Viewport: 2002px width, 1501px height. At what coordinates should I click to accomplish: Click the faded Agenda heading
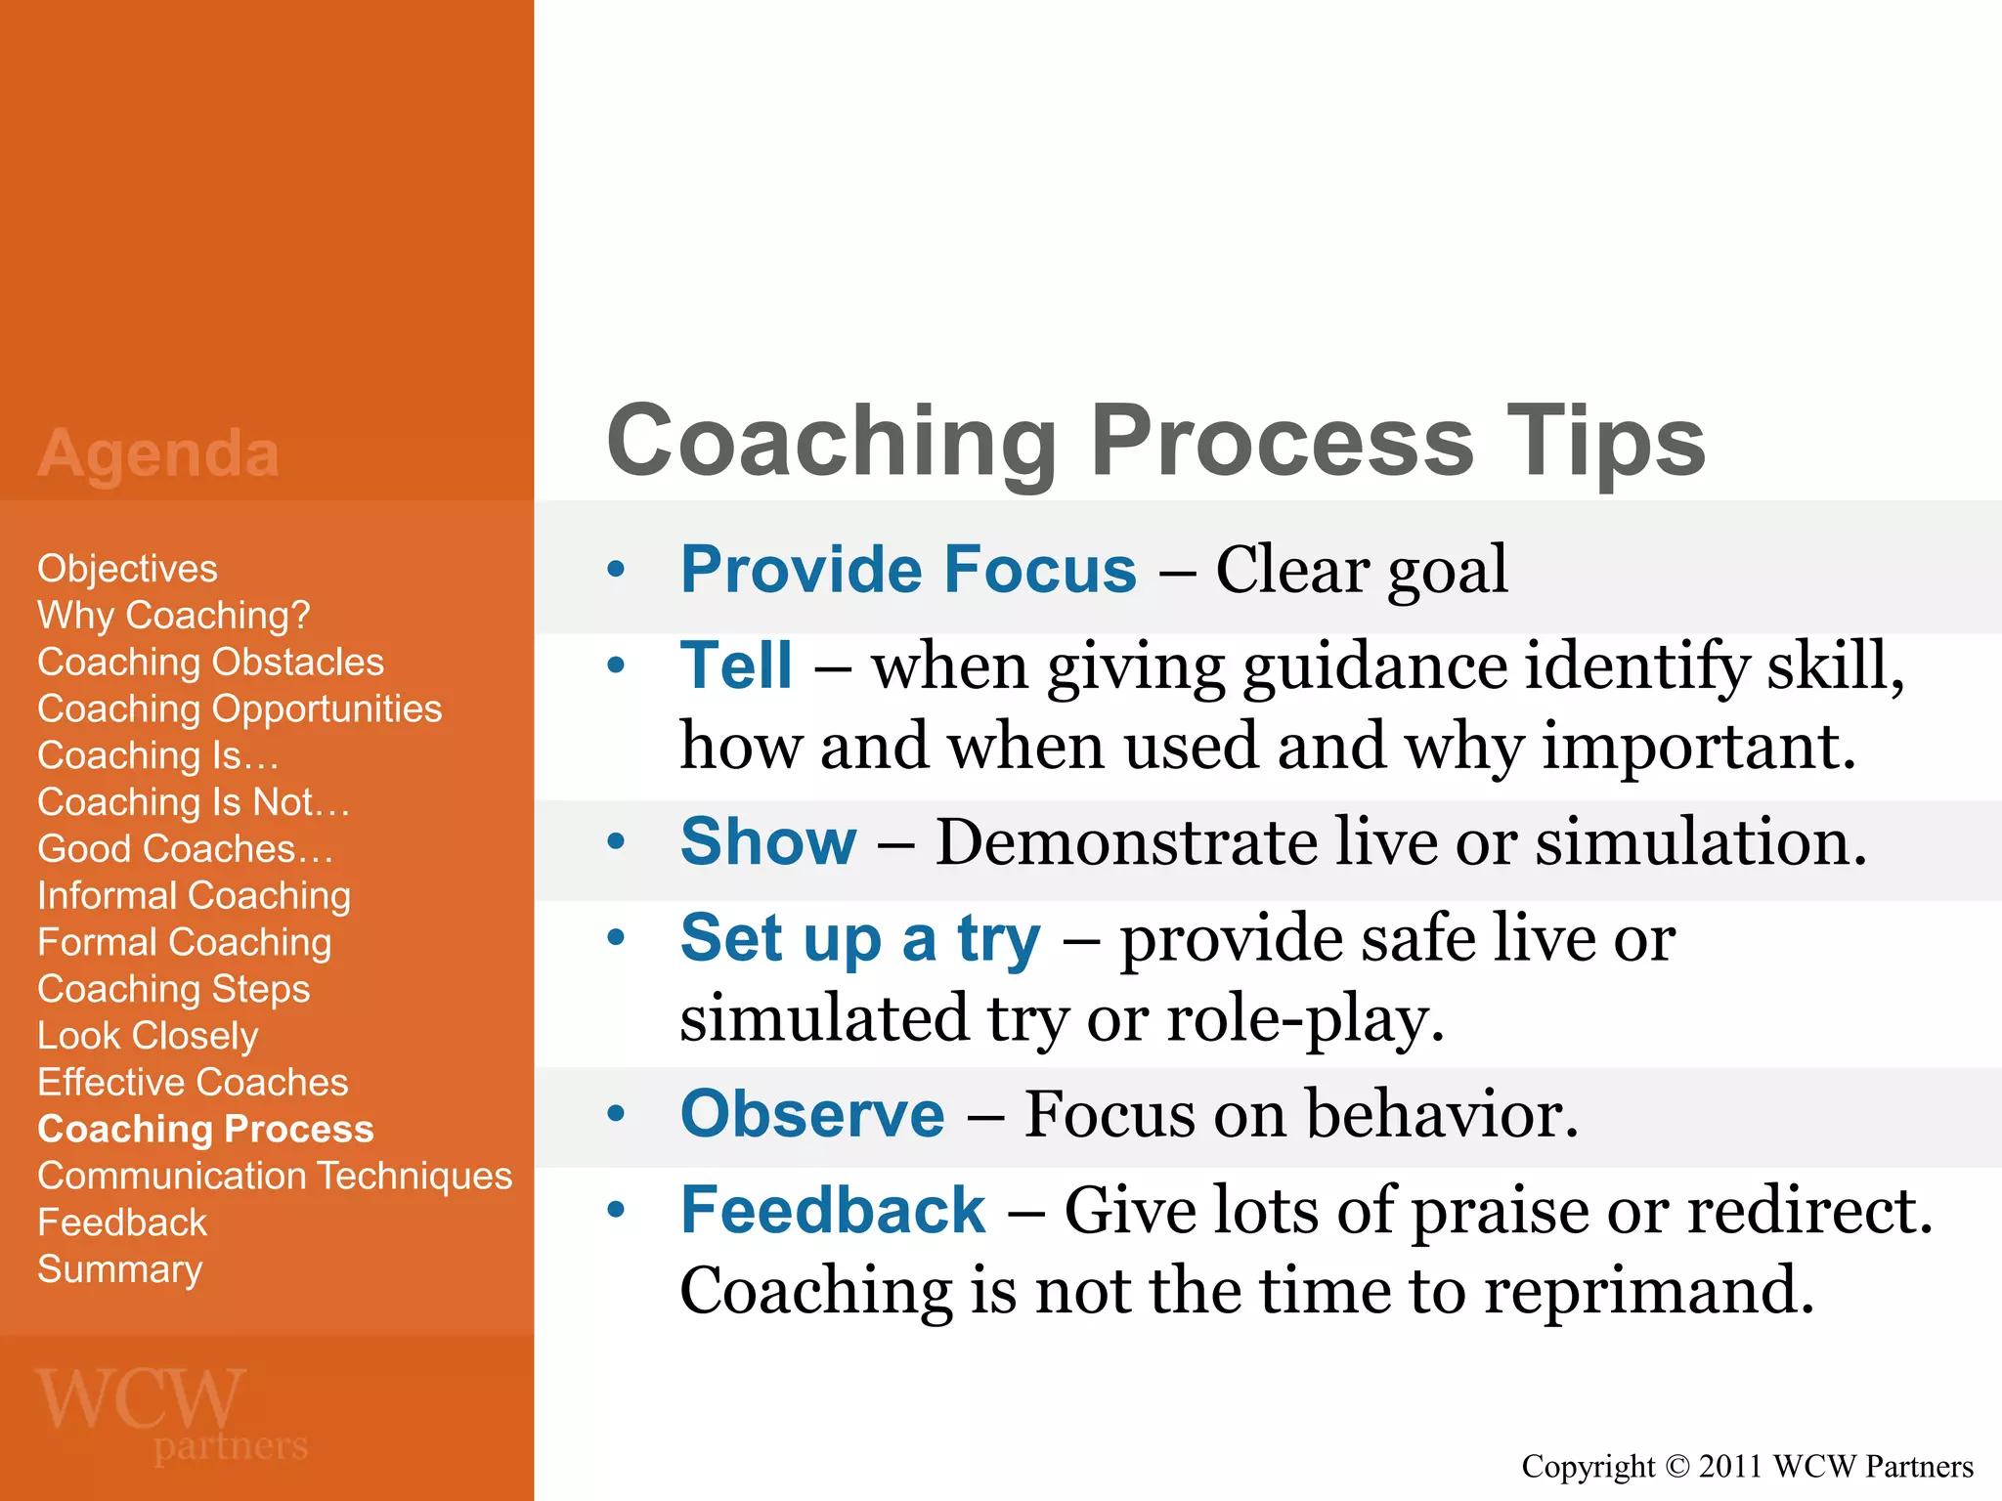click(158, 453)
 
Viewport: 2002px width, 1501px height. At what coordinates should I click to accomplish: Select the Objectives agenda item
click(127, 569)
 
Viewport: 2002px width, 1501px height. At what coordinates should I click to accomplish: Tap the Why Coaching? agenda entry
click(173, 616)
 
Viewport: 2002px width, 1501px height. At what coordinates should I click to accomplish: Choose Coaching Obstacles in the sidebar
click(210, 663)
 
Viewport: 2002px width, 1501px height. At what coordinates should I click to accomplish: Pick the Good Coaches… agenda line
click(185, 849)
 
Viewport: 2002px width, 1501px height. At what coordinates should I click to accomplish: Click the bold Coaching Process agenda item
click(205, 1130)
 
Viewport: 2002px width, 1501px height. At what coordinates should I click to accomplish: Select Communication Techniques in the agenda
click(274, 1176)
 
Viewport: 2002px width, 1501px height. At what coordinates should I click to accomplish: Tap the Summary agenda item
click(119, 1269)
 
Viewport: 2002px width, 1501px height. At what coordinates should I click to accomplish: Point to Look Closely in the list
click(148, 1036)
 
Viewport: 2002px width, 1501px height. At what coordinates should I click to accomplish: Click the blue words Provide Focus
click(908, 569)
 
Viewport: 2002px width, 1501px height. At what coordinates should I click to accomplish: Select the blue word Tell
click(736, 665)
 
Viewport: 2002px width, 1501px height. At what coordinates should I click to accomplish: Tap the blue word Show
click(768, 841)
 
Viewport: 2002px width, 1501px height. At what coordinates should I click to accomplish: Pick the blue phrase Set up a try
click(860, 938)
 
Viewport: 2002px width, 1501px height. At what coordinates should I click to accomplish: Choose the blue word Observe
click(812, 1114)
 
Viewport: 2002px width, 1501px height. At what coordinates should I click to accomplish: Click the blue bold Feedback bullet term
click(833, 1210)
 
